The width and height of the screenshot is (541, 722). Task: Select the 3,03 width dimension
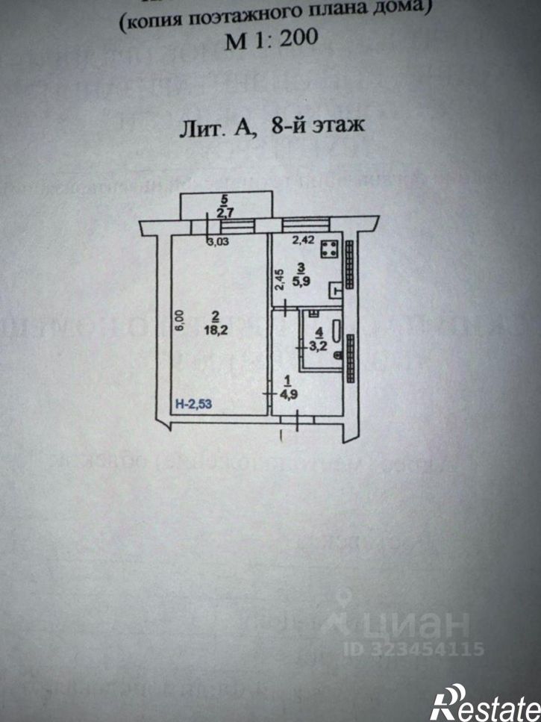click(x=218, y=241)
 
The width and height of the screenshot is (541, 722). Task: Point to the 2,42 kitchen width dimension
click(x=303, y=240)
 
